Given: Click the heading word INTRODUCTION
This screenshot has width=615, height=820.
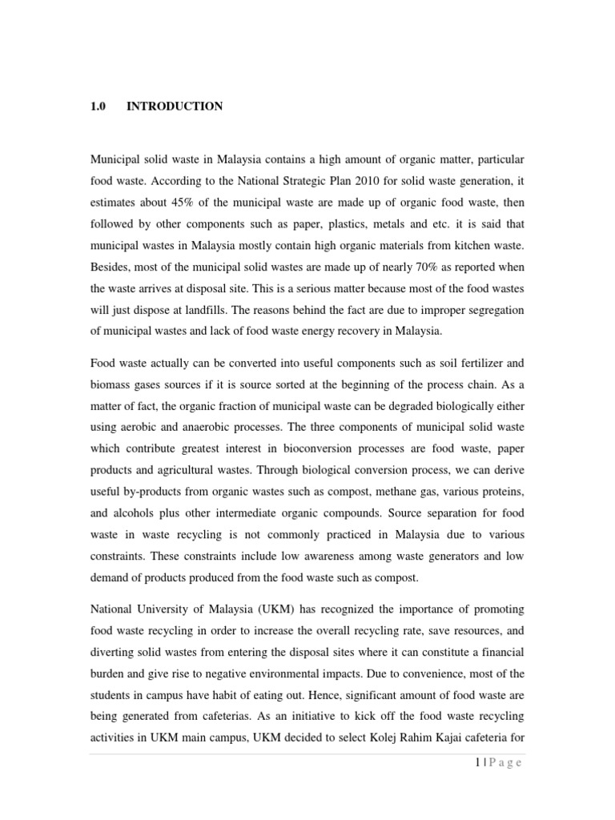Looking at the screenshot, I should tap(175, 107).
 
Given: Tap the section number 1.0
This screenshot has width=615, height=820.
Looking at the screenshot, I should tap(98, 107).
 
